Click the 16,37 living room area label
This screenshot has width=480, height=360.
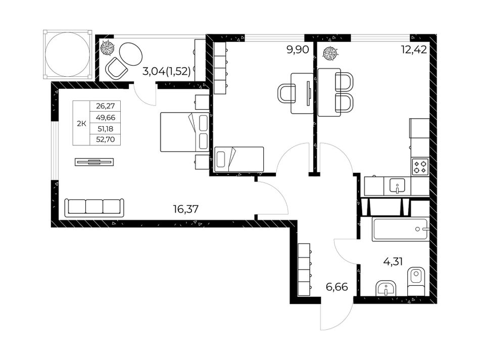pos(186,209)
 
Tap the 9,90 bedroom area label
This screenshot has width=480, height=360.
pos(298,49)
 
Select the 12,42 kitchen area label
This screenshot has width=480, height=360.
pos(414,49)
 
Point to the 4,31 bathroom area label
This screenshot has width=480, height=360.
pos(393,262)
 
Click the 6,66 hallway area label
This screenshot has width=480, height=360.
pos(337,287)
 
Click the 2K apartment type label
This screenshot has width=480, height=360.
pos(81,124)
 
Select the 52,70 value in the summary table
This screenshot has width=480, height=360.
pos(105,140)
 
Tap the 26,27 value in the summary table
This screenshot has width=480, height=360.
pos(105,106)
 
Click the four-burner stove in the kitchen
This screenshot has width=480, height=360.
pos(420,167)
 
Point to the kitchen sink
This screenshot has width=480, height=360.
pos(397,186)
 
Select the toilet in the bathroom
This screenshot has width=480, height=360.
pos(416,281)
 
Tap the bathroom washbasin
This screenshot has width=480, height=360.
pos(386,288)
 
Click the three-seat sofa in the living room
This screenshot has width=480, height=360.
pos(94,208)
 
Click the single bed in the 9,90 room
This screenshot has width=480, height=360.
pos(239,160)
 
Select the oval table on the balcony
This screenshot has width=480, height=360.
pos(130,54)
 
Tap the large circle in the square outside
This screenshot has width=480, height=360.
pos(68,55)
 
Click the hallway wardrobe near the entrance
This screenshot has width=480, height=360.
pos(304,270)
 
